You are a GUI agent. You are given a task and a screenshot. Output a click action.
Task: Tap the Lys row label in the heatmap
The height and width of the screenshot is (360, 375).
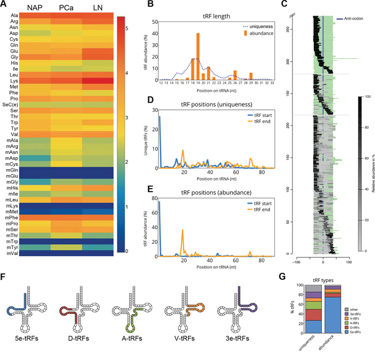click(x=13, y=81)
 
